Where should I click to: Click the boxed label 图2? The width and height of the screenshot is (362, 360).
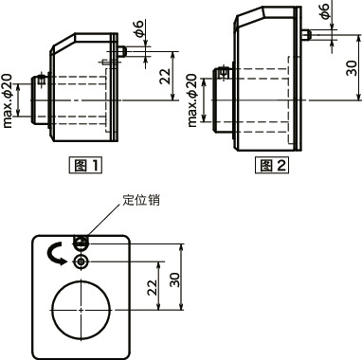click(273, 165)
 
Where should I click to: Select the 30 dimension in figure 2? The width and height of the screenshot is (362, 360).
click(351, 68)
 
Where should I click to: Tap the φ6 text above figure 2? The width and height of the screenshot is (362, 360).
click(325, 11)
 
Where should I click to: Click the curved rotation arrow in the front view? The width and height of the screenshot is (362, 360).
click(53, 250)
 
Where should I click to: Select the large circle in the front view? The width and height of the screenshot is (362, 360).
click(82, 310)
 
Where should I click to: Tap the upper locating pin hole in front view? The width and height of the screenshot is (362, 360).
click(82, 241)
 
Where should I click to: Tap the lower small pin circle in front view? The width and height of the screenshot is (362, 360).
click(82, 260)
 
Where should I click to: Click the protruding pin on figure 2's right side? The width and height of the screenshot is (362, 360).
click(308, 36)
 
